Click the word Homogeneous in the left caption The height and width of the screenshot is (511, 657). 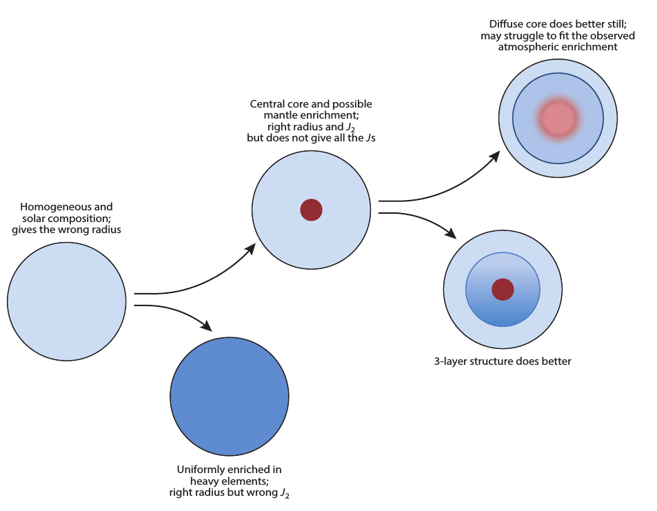[x=47, y=206]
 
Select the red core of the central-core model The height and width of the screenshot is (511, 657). [x=312, y=210]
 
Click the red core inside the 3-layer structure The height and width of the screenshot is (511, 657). [x=503, y=290]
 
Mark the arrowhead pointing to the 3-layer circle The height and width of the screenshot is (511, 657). [x=452, y=234]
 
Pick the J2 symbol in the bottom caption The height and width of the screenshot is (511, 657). [x=285, y=493]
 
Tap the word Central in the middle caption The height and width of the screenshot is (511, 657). [x=267, y=104]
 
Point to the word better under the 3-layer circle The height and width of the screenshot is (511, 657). [x=555, y=361]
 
